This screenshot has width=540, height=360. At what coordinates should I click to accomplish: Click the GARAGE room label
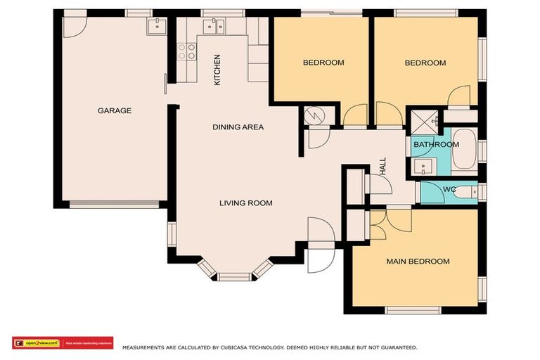pyautogui.click(x=114, y=110)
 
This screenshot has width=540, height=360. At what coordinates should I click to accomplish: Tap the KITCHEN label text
pyautogui.click(x=217, y=70)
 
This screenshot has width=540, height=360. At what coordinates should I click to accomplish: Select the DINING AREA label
pyautogui.click(x=238, y=127)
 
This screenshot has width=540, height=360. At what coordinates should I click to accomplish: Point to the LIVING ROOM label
pyautogui.click(x=245, y=203)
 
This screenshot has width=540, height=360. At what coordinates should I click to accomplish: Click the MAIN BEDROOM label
pyautogui.click(x=418, y=262)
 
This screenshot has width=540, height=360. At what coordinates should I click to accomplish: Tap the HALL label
pyautogui.click(x=383, y=166)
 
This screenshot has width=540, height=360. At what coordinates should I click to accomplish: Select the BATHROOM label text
pyautogui.click(x=435, y=145)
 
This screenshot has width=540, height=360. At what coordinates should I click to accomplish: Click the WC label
pyautogui.click(x=449, y=189)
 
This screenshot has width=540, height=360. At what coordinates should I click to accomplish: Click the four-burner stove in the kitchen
pyautogui.click(x=187, y=51)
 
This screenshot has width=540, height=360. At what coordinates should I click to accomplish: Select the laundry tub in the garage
pyautogui.click(x=156, y=26)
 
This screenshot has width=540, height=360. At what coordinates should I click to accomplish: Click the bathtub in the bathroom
pyautogui.click(x=463, y=150)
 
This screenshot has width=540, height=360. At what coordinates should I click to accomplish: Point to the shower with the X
pyautogui.click(x=423, y=121)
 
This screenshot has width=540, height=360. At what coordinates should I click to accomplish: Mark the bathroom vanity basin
pyautogui.click(x=423, y=167)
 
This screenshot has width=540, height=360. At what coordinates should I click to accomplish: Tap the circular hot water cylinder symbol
pyautogui.click(x=314, y=116)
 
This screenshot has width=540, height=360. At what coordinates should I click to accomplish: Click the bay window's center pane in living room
pyautogui.click(x=234, y=276)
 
